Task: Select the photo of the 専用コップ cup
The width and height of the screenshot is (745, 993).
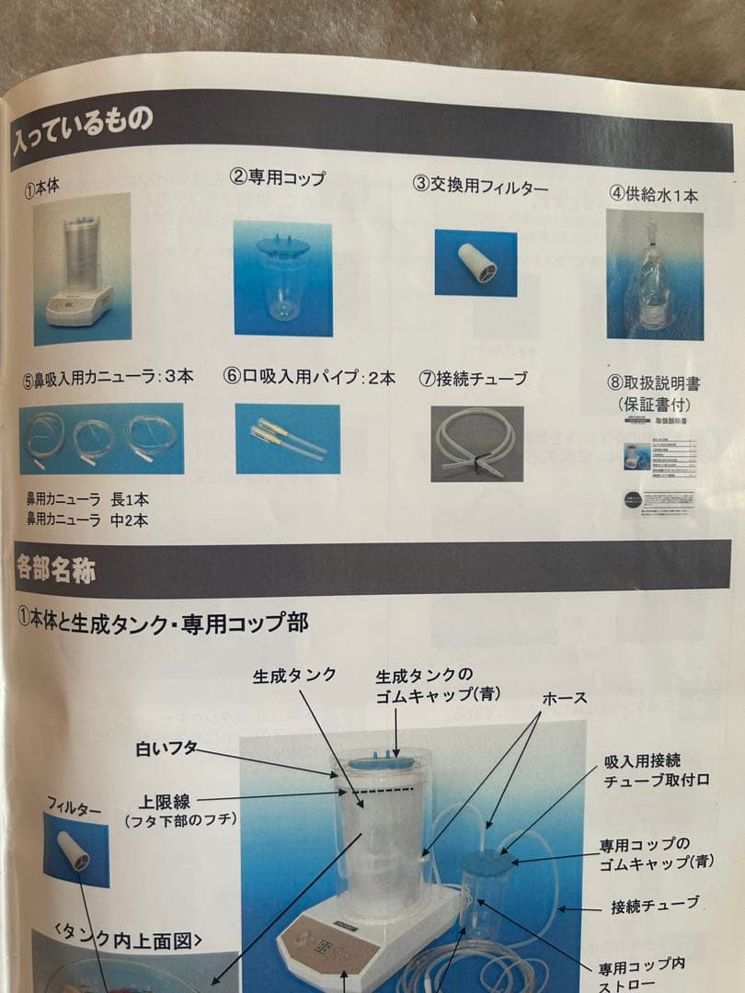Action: (281, 278)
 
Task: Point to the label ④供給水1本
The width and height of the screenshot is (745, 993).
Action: (654, 195)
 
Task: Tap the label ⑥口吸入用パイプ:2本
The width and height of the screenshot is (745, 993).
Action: (310, 377)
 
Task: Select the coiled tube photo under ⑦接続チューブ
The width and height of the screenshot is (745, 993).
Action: (477, 443)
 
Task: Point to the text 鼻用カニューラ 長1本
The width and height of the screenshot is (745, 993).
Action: (87, 500)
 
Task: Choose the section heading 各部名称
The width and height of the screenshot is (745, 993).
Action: (56, 567)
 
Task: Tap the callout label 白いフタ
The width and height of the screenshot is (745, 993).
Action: (166, 748)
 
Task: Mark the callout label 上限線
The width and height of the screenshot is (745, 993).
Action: (166, 800)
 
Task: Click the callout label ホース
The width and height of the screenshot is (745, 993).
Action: (566, 698)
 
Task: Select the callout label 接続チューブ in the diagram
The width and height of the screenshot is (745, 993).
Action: (655, 906)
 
